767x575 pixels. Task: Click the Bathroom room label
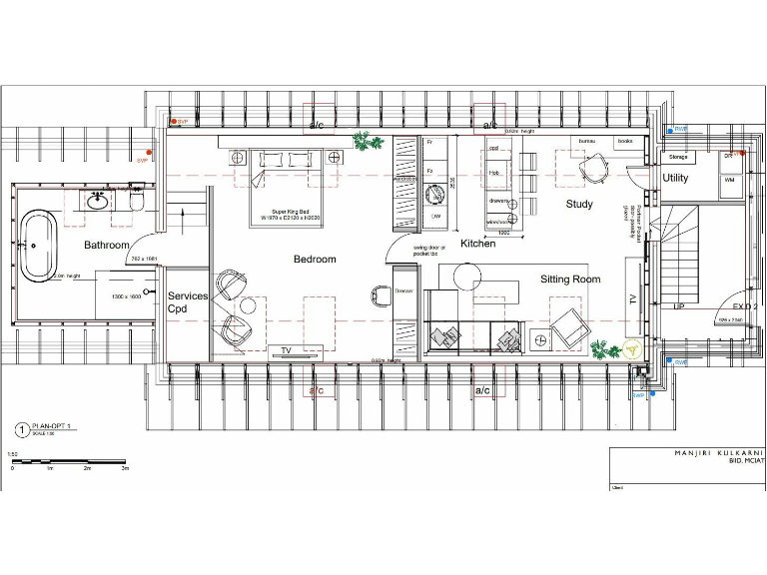(x=107, y=245)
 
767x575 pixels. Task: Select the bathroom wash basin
(x=99, y=201)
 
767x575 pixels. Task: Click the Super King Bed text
(x=288, y=210)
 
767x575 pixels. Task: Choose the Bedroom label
(x=315, y=260)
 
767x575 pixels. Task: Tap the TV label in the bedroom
(x=286, y=350)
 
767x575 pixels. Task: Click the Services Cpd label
(x=188, y=302)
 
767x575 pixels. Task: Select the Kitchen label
(x=477, y=244)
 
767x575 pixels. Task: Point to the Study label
(x=579, y=205)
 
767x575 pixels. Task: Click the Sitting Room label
(x=570, y=280)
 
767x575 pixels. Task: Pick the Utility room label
(x=675, y=178)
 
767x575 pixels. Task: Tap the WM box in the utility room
(x=729, y=180)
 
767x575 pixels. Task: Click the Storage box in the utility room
(x=679, y=157)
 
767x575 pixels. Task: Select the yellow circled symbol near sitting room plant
(x=632, y=349)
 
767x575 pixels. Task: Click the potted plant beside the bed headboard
(x=366, y=144)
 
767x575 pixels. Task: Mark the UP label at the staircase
(x=679, y=306)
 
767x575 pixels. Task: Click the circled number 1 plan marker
(x=21, y=429)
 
